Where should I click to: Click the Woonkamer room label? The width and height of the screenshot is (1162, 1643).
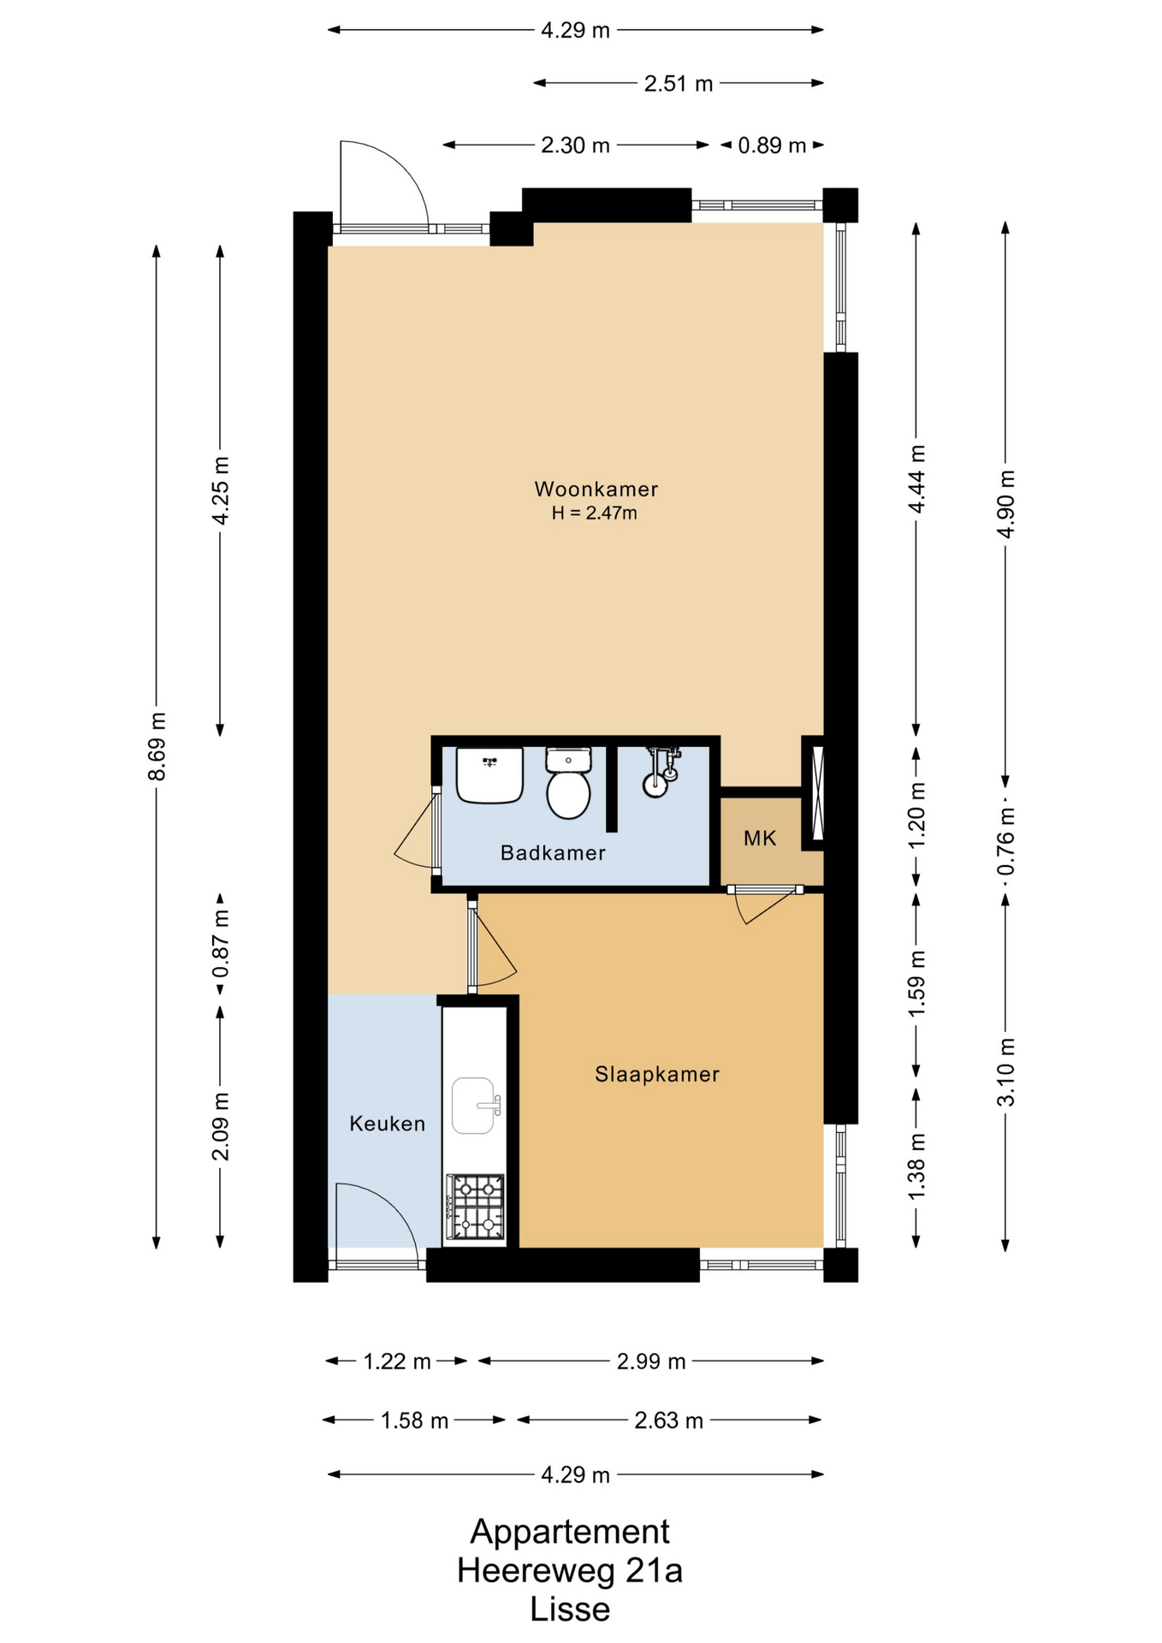(x=596, y=489)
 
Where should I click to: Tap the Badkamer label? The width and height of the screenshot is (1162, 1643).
(x=553, y=853)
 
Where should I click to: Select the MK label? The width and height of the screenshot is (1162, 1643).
(x=760, y=839)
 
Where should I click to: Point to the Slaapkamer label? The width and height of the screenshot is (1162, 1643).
(x=657, y=1074)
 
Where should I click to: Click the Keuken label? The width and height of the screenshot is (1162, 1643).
(x=387, y=1124)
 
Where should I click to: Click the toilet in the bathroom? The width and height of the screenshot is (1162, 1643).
(x=568, y=782)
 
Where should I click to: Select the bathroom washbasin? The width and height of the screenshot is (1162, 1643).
(x=489, y=775)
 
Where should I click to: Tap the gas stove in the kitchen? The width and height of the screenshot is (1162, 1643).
(x=475, y=1207)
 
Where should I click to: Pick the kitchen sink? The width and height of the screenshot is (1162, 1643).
(x=475, y=1106)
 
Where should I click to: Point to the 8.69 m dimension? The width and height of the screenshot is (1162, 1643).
(x=157, y=746)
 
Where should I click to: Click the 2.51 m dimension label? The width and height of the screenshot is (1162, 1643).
(x=679, y=83)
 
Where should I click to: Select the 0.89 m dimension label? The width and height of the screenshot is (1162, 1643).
(x=772, y=145)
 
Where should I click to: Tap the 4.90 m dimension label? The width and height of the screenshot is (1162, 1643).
(x=1006, y=504)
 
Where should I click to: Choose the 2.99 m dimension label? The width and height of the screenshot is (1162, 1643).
(x=651, y=1361)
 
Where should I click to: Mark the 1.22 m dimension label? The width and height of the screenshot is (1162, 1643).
(x=397, y=1361)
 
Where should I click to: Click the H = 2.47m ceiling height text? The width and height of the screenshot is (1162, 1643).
(x=595, y=513)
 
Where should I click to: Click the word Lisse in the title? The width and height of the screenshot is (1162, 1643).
(x=570, y=1610)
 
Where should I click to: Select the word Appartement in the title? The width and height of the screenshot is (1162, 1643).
(x=570, y=1533)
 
